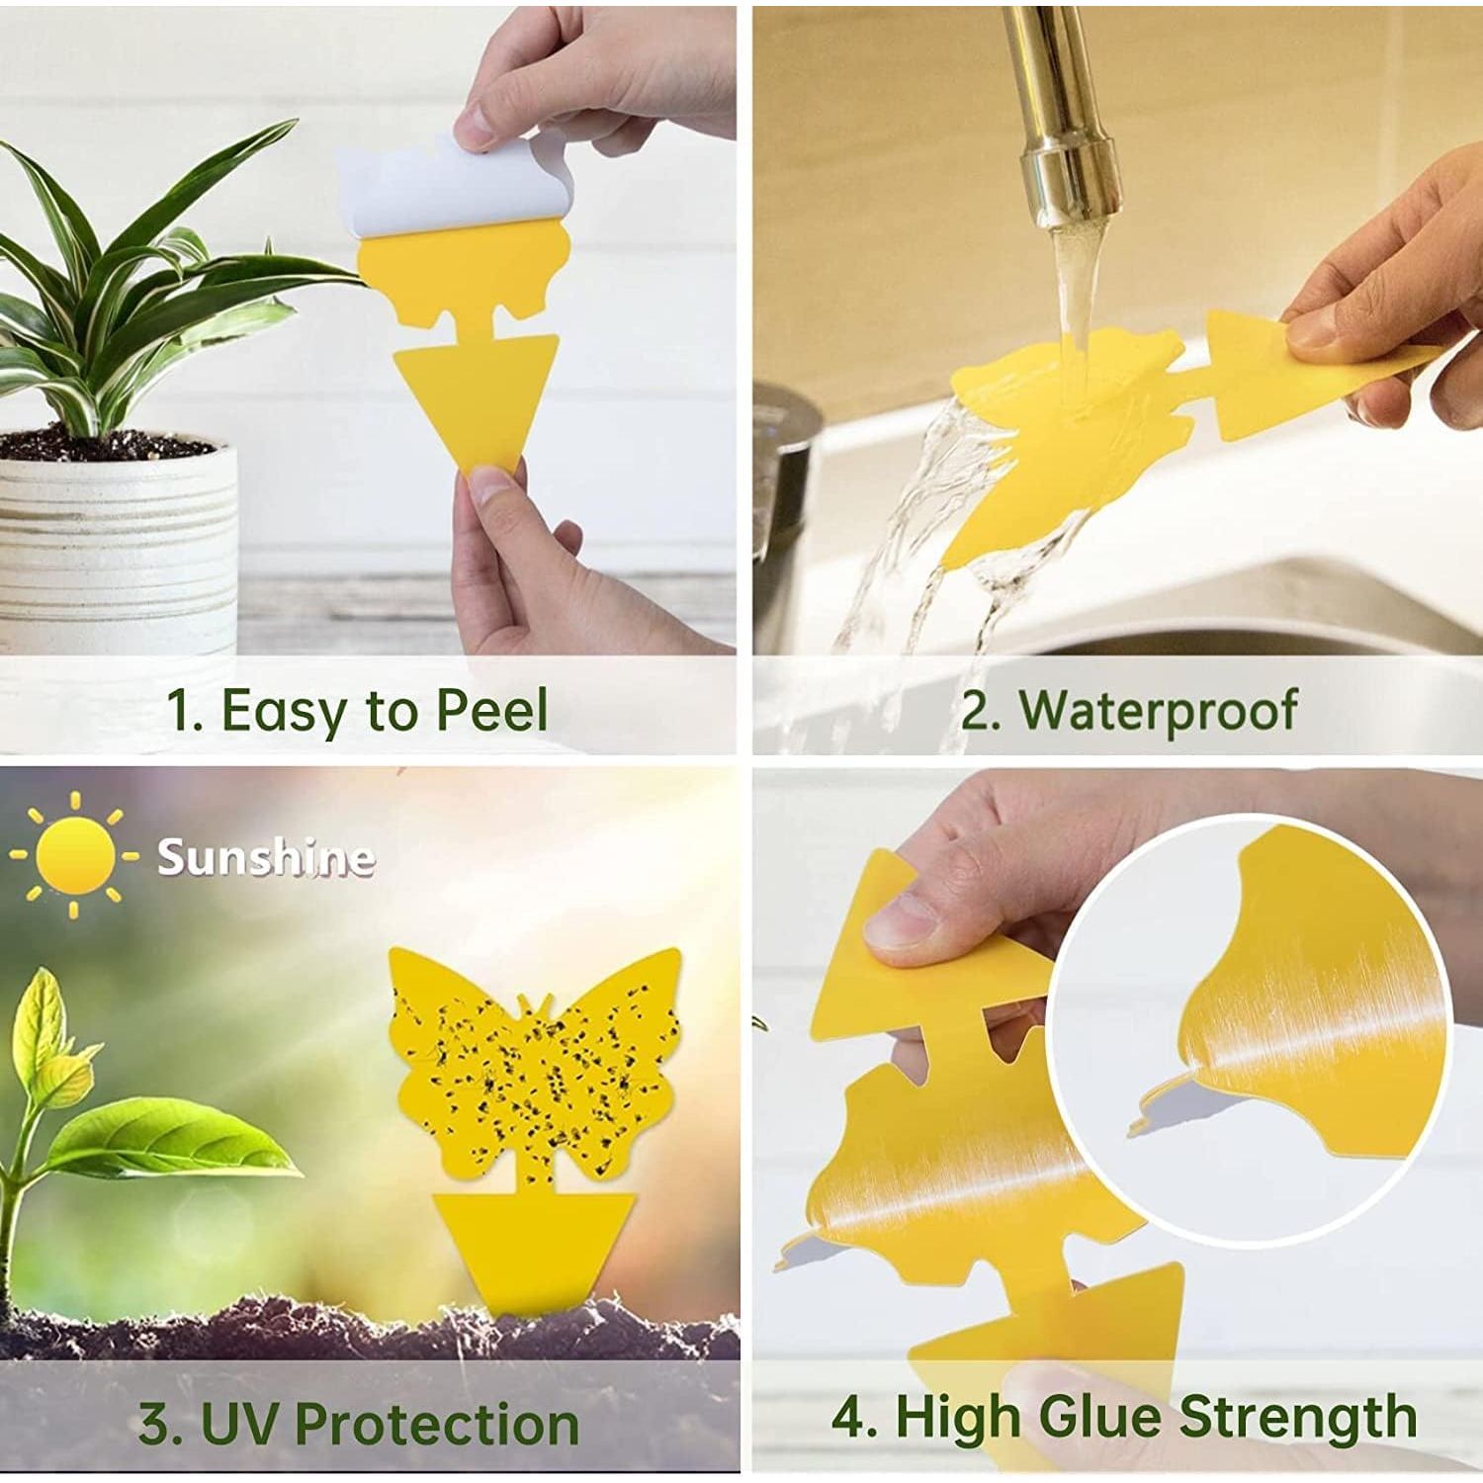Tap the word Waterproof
pyautogui.click(x=1156, y=710)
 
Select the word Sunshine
pyautogui.click(x=266, y=857)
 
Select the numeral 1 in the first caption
pyautogui.click(x=181, y=711)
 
